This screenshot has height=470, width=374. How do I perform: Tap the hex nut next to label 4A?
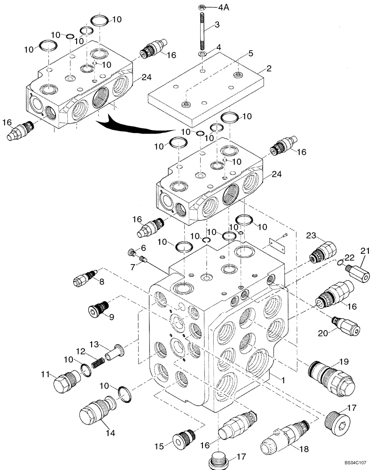[201, 7]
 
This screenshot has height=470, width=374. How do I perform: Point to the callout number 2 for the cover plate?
[269, 69]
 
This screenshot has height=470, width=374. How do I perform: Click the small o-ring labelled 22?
[339, 262]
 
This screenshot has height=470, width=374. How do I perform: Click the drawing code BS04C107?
[354, 463]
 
